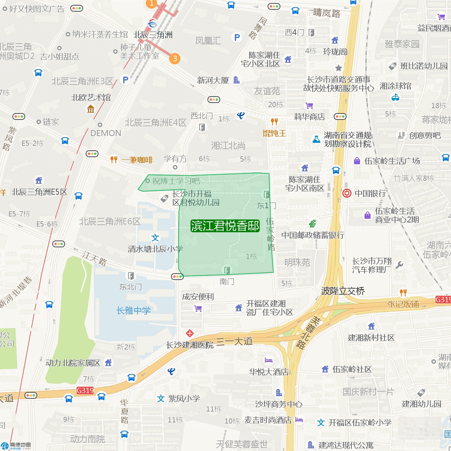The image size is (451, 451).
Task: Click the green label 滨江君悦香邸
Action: pyautogui.click(x=225, y=226)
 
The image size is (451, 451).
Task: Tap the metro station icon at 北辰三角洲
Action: pyautogui.click(x=153, y=24)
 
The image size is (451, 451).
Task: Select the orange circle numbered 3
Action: pyautogui.click(x=175, y=58)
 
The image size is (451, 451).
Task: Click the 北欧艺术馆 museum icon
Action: pyautogui.click(x=91, y=109)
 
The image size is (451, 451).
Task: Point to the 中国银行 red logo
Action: pyautogui.click(x=347, y=193)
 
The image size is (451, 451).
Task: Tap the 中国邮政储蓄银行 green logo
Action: pyautogui.click(x=312, y=224)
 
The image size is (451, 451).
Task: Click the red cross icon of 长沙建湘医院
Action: pyautogui.click(x=190, y=333)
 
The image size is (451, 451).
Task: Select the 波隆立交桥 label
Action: pyautogui.click(x=343, y=291)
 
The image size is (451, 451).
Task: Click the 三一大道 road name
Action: pyautogui.click(x=235, y=341)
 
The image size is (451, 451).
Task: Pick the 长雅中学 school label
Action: pyautogui.click(x=133, y=310)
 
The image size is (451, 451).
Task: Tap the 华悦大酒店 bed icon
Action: pyautogui.click(x=269, y=361)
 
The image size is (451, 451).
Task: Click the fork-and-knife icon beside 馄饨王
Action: pyautogui.click(x=274, y=121)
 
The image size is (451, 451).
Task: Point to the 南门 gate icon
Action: pyautogui.click(x=227, y=270)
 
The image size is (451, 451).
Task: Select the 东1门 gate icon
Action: pyautogui.click(x=266, y=194)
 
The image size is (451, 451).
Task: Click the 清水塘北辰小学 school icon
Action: pyautogui.click(x=155, y=238)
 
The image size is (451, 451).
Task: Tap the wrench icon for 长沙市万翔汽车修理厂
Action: pyautogui.click(x=399, y=265)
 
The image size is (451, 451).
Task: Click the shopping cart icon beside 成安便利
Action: pyautogui.click(x=198, y=309)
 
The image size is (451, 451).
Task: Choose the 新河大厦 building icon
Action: pyautogui.click(x=236, y=80)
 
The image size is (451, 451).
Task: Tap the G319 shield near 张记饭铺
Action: pyautogui.click(x=443, y=300)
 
